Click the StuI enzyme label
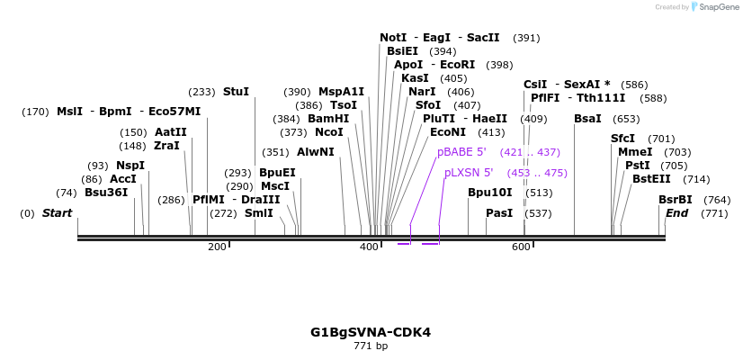click(236, 92)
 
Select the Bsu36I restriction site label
click(106, 192)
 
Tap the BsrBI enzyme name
click(675, 200)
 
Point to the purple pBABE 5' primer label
click(461, 152)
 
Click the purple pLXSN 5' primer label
click(469, 172)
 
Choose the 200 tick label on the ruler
click(217, 247)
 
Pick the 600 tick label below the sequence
click(522, 247)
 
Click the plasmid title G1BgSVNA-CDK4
click(371, 332)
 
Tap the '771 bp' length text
click(371, 346)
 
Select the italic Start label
click(57, 213)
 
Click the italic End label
click(676, 213)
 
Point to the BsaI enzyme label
click(587, 119)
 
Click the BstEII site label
click(651, 179)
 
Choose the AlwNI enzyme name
click(315, 152)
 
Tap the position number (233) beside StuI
click(201, 92)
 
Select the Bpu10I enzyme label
click(489, 192)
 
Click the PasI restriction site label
click(498, 213)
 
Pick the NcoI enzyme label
click(328, 132)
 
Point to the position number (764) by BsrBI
click(717, 200)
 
